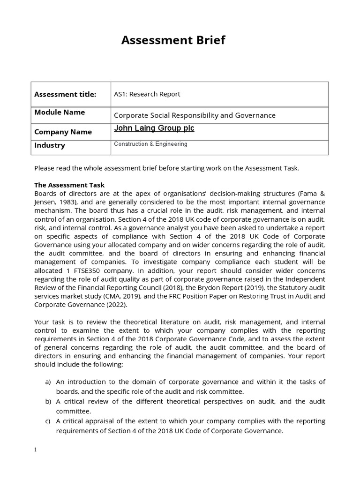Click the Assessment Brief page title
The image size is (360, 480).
click(x=173, y=40)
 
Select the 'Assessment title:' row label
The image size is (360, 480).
click(x=65, y=94)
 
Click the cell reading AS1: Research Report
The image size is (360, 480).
click(x=147, y=94)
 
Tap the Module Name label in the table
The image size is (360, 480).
click(x=60, y=112)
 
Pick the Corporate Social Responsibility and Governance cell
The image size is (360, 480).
click(x=195, y=115)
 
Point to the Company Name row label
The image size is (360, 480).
click(x=63, y=132)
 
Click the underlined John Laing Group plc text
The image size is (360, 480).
click(x=154, y=128)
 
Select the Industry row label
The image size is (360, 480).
click(x=50, y=145)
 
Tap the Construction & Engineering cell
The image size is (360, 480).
click(x=150, y=144)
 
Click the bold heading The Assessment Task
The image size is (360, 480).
click(x=73, y=185)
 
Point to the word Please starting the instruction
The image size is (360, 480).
click(x=45, y=168)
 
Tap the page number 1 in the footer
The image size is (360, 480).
click(x=36, y=450)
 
